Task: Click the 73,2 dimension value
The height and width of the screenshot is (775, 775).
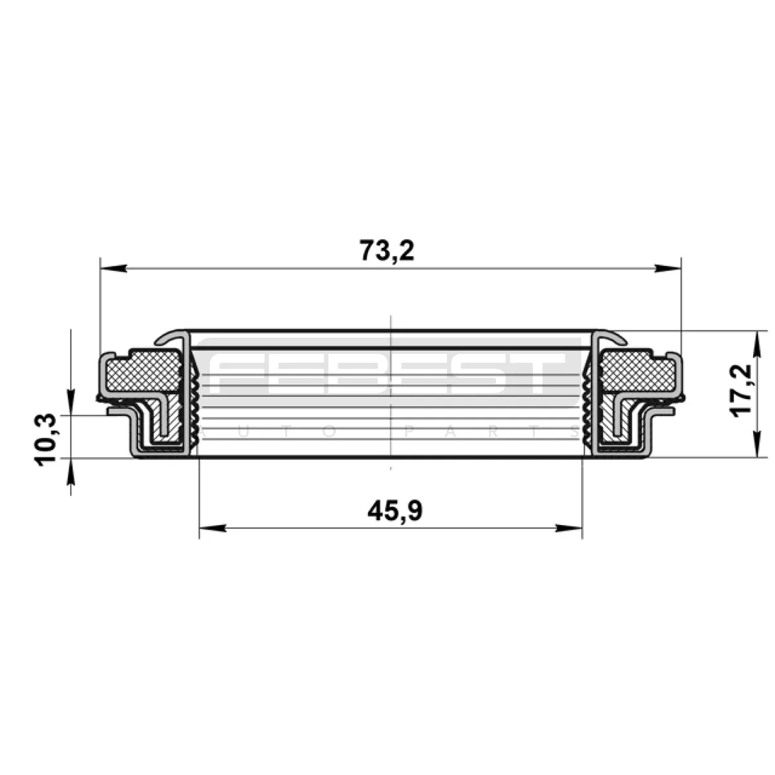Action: pyautogui.click(x=387, y=251)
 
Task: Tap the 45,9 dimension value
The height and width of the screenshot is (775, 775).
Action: pyautogui.click(x=395, y=511)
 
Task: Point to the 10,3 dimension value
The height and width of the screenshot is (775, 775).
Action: pyautogui.click(x=46, y=440)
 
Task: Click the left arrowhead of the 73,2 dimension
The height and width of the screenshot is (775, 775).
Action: pyautogui.click(x=114, y=268)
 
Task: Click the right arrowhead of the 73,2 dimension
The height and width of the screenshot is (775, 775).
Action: pyautogui.click(x=668, y=268)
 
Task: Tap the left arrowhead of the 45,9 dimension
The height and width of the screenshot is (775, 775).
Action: pyautogui.click(x=212, y=528)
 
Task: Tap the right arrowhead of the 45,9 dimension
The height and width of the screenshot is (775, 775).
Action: pyautogui.click(x=569, y=528)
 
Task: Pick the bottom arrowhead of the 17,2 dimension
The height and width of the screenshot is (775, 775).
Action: pyautogui.click(x=758, y=444)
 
